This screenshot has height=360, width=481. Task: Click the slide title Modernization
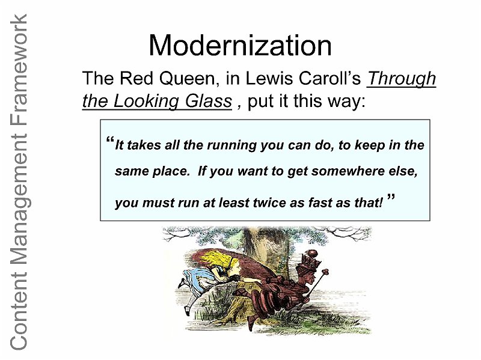point(240,46)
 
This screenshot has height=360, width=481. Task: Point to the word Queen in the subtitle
point(187,79)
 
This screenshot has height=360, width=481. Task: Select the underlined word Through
point(401,79)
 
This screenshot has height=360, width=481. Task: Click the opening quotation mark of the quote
point(110,139)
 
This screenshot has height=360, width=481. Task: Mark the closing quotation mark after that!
point(391,197)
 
